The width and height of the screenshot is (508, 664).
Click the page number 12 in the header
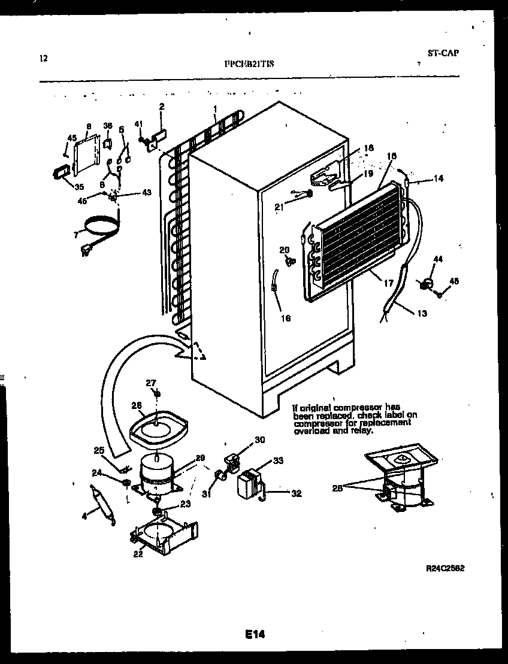point(43,58)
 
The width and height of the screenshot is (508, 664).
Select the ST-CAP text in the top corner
point(443,53)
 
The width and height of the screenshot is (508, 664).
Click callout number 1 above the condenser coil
point(214,109)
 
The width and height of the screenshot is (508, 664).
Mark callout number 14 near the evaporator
point(439,178)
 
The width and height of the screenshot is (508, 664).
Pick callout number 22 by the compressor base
point(138,553)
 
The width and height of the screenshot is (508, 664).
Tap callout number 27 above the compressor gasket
point(151,383)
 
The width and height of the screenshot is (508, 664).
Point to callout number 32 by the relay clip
point(296,494)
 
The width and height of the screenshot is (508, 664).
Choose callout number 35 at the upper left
point(79,186)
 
